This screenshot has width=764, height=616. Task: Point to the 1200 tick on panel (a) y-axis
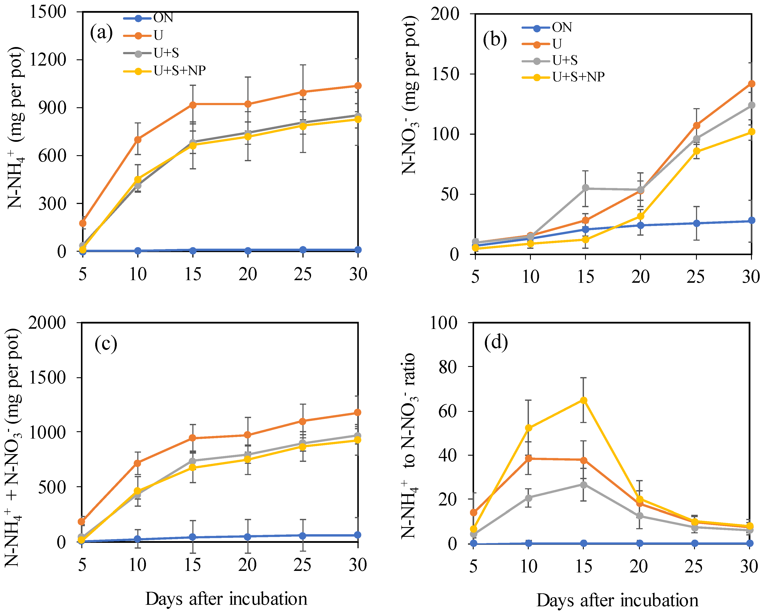point(47,60)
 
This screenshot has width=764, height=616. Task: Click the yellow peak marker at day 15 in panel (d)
point(583,400)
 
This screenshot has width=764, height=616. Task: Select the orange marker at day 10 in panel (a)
point(138,139)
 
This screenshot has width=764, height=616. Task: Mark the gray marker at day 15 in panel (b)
point(585,188)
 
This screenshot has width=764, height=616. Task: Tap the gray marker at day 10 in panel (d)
point(528,498)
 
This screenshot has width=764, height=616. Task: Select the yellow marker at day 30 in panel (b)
point(751,132)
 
